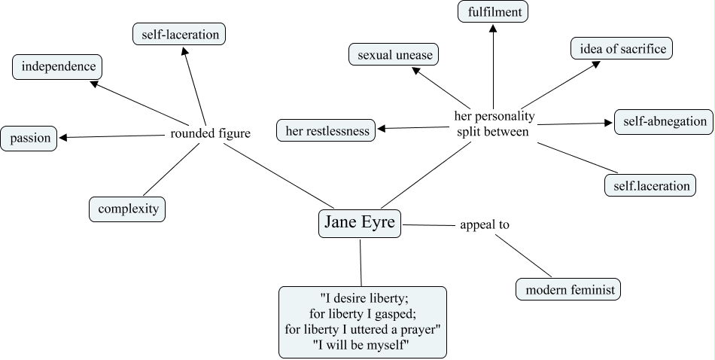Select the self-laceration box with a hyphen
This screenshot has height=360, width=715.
(179, 34)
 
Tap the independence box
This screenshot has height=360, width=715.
(58, 67)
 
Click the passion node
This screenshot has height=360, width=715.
(29, 139)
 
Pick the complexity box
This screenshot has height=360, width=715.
(127, 209)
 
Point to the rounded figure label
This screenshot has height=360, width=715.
(210, 134)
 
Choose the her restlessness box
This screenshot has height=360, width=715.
(327, 131)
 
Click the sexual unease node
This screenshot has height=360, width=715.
(394, 55)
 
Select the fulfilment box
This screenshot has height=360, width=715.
(493, 12)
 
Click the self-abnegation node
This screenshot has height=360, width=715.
(664, 121)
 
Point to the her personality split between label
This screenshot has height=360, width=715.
(494, 124)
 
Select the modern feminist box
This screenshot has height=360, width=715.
(569, 289)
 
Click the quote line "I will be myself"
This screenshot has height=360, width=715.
(363, 344)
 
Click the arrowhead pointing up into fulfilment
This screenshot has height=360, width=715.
(493, 28)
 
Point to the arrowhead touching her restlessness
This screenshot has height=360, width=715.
(382, 130)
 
